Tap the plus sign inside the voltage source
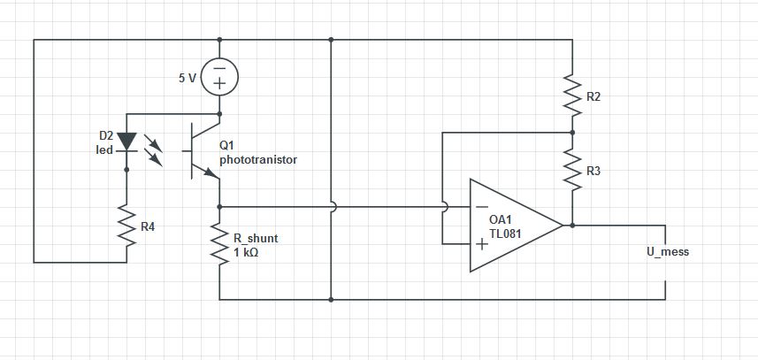pos(219,84)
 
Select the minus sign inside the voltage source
pos(219,69)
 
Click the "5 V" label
pos(188,79)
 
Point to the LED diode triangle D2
pos(126,142)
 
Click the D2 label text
pos(106,136)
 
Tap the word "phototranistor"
pos(258,160)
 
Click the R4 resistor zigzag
pos(126,226)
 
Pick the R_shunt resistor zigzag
pos(219,244)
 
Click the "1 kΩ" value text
pos(246,252)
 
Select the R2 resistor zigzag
pos(572,96)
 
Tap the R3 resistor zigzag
pos(572,170)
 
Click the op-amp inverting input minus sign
pos(482,207)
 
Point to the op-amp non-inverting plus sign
pos(482,244)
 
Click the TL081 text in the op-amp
pos(505,234)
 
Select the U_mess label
pos(668,252)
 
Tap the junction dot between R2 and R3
pos(572,133)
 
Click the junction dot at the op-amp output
pos(572,226)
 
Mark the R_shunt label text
pos(256,239)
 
